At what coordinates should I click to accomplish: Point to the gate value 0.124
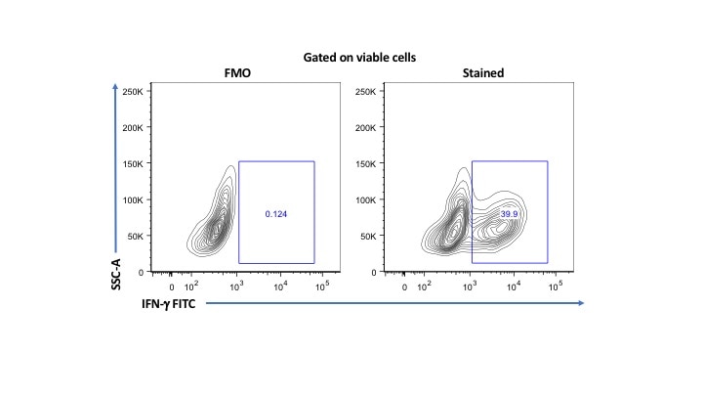click(x=276, y=213)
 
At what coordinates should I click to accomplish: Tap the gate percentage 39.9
click(x=510, y=213)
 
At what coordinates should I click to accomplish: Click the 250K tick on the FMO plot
click(x=132, y=91)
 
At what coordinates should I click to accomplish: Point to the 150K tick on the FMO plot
click(x=132, y=163)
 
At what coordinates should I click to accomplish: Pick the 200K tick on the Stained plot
click(x=365, y=127)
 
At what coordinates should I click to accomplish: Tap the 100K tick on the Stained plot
click(x=365, y=199)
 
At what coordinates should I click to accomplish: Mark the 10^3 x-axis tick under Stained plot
click(x=470, y=287)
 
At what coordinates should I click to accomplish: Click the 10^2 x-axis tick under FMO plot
click(x=191, y=287)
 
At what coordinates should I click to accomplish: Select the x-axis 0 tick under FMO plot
click(x=172, y=288)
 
